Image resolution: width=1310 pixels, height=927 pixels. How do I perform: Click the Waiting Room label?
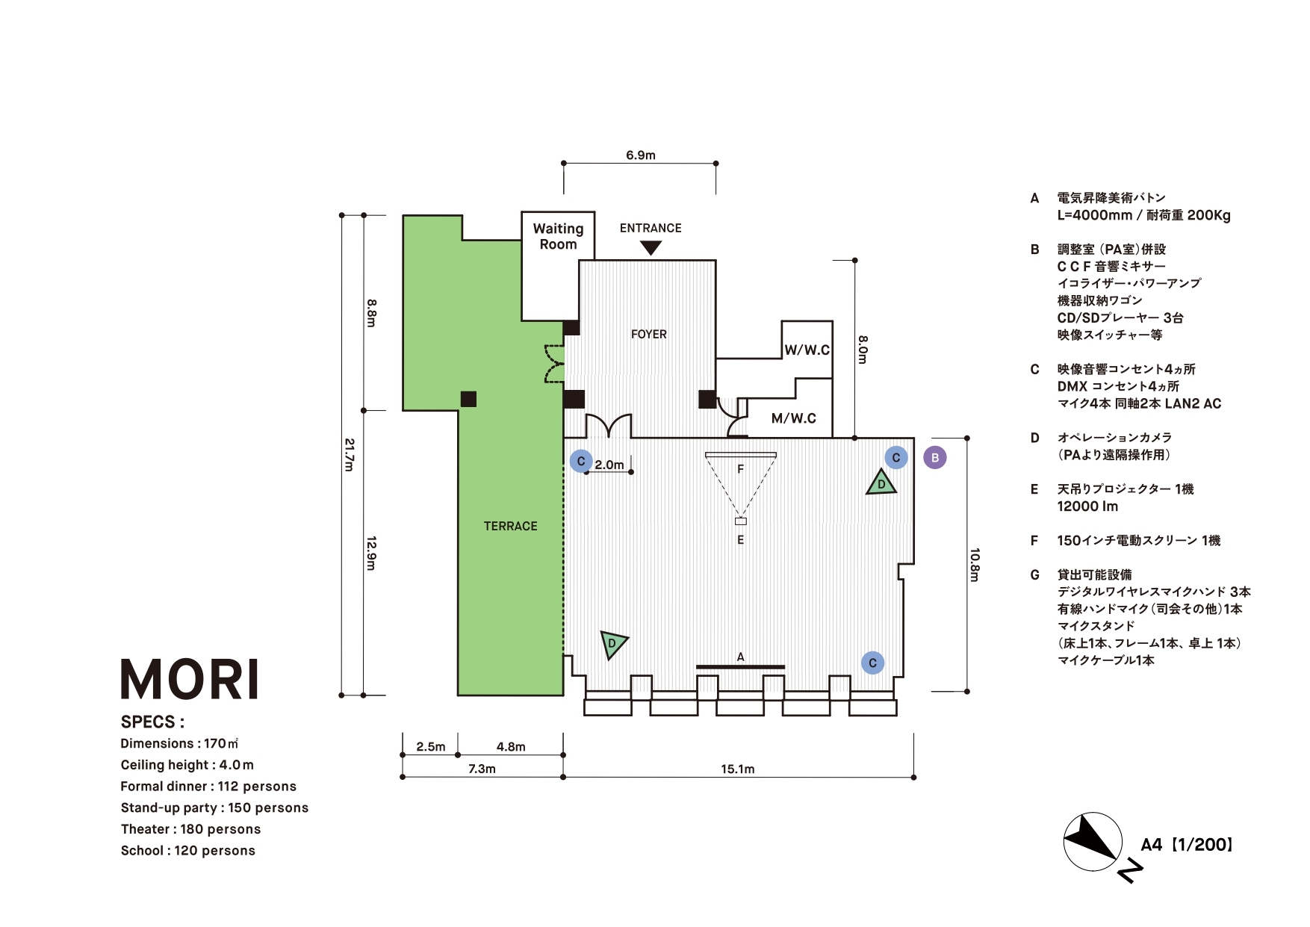tap(558, 236)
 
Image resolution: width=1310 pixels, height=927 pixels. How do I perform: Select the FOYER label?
tap(648, 334)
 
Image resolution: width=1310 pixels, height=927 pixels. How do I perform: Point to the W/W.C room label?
tap(807, 350)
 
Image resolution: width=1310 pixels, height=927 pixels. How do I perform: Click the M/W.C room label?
tap(793, 418)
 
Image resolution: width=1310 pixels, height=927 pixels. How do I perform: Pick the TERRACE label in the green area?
tap(510, 526)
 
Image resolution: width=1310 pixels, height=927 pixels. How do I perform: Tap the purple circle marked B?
tap(934, 457)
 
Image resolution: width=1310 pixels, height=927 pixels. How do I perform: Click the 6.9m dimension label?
tap(640, 155)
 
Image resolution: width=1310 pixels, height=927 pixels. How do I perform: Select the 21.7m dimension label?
tap(349, 454)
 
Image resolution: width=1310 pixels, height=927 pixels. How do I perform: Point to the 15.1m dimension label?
tap(737, 769)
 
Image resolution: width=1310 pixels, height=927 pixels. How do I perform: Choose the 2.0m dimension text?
tap(609, 465)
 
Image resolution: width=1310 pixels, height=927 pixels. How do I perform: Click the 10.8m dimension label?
tap(975, 564)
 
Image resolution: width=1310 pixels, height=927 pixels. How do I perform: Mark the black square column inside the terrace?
tap(468, 399)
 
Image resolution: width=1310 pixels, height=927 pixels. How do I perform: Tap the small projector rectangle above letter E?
tap(740, 521)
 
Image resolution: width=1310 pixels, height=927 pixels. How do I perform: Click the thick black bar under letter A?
tap(740, 666)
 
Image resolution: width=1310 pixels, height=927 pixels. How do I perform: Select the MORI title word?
tap(190, 680)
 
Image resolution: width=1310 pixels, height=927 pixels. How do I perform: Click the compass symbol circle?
tap(1092, 842)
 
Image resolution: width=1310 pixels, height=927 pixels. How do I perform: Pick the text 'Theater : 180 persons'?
tap(190, 829)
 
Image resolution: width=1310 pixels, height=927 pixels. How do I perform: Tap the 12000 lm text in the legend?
tap(1087, 506)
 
